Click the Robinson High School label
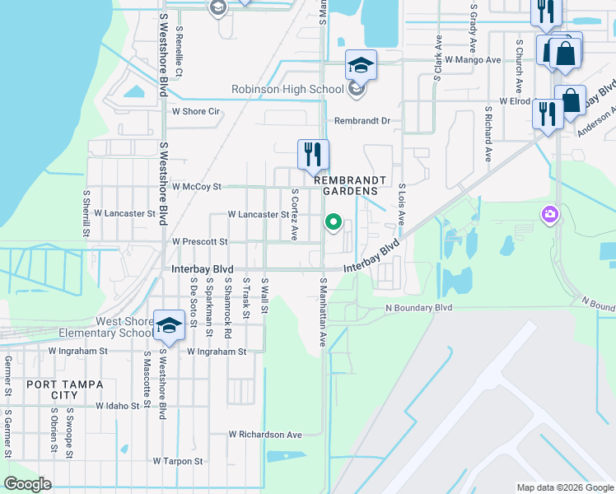[x=287, y=89]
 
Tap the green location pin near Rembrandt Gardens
[x=334, y=221]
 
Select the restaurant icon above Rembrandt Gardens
[x=313, y=153]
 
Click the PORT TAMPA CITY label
[x=56, y=389]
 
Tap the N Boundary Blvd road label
[x=419, y=308]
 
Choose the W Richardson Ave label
[x=265, y=434]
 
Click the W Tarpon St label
[x=177, y=462]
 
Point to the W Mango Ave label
[x=473, y=60]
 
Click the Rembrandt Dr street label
[x=362, y=120]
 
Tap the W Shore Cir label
[x=195, y=111]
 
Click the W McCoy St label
[x=196, y=187]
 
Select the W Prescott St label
[x=199, y=241]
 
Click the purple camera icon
[x=549, y=215]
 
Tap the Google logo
[x=27, y=484]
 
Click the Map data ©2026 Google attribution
[x=564, y=487]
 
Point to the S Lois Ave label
[x=402, y=204]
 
